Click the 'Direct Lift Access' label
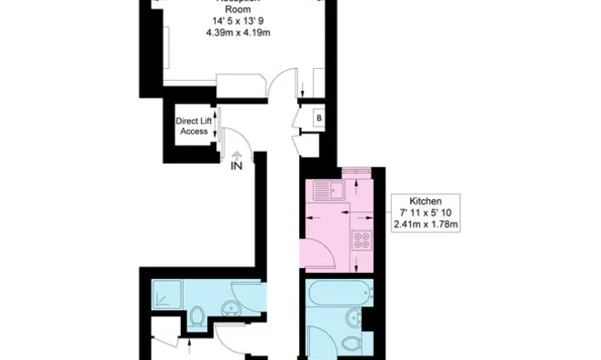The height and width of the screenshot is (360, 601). [194, 125]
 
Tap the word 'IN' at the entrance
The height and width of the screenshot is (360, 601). [236, 165]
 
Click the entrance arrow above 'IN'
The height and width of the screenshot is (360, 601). [236, 155]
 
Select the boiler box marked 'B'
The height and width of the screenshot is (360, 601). [318, 118]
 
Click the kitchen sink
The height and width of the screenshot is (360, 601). [325, 190]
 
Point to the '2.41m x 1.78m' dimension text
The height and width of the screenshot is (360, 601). [426, 224]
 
